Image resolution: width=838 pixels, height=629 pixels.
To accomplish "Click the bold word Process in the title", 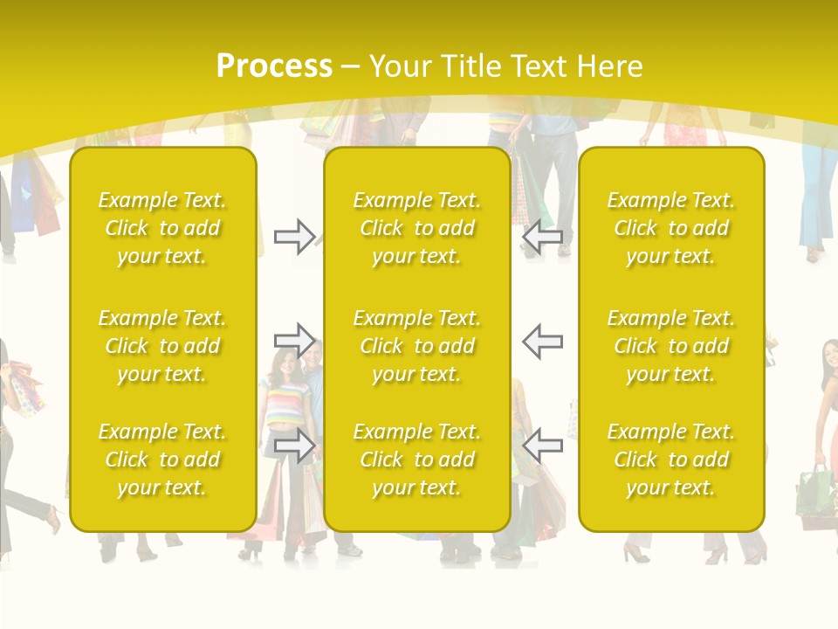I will click(274, 66).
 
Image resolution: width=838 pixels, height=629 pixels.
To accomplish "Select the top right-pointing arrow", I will click(294, 237).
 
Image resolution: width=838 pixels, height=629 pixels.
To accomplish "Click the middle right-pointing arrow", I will click(294, 340).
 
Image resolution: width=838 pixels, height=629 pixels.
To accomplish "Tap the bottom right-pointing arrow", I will click(294, 445).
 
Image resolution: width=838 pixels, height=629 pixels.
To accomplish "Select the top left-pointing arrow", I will click(542, 237).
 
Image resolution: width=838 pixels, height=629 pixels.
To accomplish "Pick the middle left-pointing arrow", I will click(542, 341).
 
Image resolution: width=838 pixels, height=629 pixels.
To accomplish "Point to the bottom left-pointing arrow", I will click(542, 445).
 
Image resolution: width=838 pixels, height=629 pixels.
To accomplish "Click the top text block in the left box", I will click(162, 228).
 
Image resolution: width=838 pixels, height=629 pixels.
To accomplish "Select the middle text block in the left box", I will click(162, 346).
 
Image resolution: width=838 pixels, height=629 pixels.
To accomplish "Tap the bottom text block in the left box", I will click(162, 460).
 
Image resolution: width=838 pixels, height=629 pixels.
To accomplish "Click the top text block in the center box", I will click(416, 228).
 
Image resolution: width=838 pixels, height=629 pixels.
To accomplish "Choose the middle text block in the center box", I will click(416, 346).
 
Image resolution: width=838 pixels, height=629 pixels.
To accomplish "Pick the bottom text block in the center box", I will click(416, 460).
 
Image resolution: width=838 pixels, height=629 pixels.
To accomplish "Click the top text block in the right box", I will click(671, 228).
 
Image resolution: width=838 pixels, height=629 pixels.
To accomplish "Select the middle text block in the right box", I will click(671, 346).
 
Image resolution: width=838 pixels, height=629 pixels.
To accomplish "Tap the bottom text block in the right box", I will click(671, 460).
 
